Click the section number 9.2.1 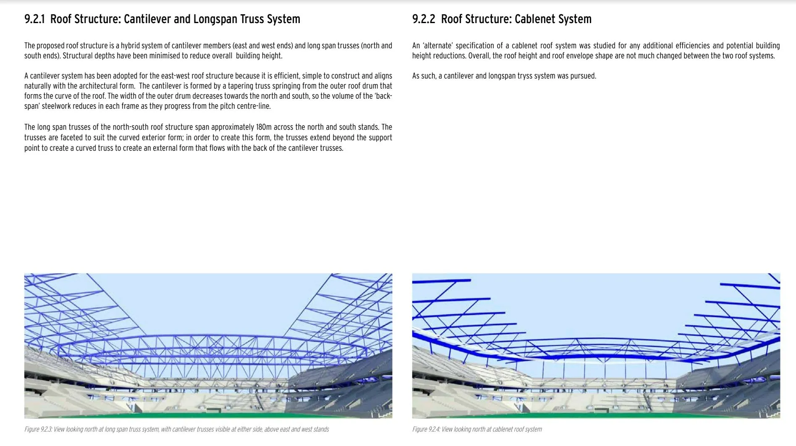[34, 19]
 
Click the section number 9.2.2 [424, 19]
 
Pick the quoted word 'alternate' [437, 46]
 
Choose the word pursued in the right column [583, 76]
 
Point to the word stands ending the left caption [320, 429]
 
